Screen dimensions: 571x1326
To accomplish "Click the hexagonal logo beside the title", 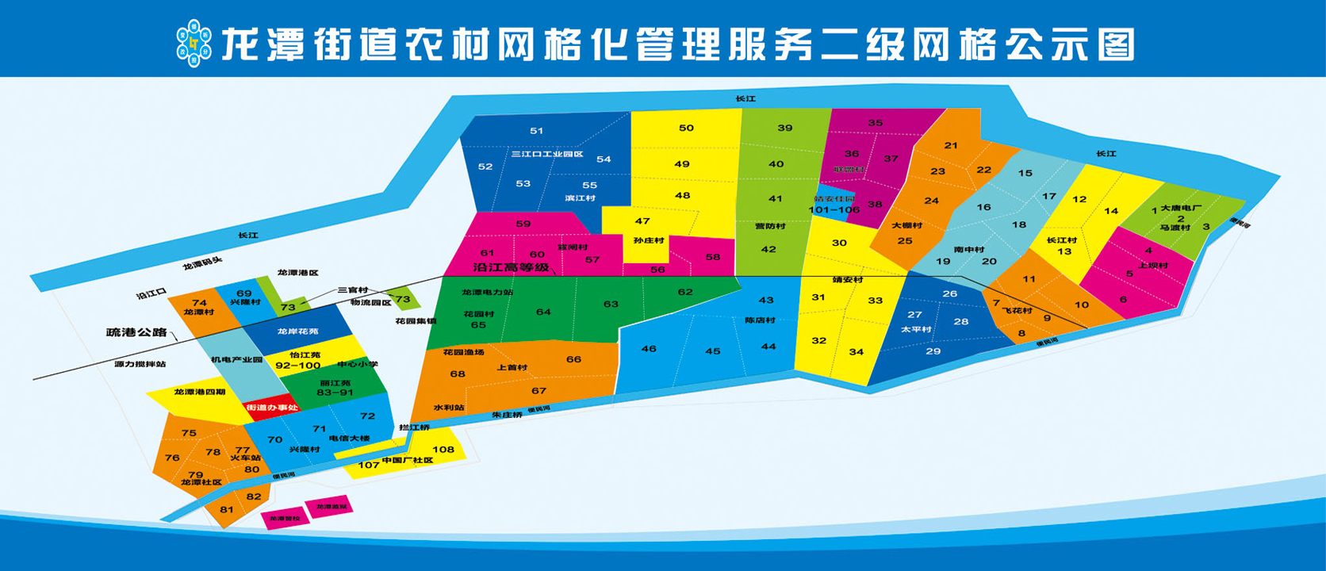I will pos(194,44).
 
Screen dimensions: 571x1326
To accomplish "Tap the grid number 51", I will pos(537,131).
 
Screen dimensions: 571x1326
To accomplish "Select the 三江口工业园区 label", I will pos(547,154).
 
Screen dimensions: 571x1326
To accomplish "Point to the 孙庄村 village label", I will pos(649,240).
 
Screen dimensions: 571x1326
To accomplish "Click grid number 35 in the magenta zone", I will pos(876,123).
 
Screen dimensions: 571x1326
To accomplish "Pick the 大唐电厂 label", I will pos(1181,208).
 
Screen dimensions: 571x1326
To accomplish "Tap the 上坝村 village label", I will pos(1152,265).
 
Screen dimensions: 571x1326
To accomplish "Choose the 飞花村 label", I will pos(1017,310).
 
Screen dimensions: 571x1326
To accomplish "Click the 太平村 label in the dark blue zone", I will pos(916,329).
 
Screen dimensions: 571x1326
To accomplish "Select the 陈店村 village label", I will pos(760,320).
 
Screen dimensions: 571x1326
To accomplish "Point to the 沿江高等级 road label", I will pos(511,268).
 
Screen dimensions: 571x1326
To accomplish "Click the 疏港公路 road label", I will pos(136,332).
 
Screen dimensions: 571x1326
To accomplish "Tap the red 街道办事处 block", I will pos(272,408).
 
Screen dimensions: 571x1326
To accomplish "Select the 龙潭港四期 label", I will pos(200,392).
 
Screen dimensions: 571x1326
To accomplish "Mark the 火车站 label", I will pos(245,458).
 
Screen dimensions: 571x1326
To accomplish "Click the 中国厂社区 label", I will pos(408,461).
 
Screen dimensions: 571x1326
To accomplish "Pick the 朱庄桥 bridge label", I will pos(507,415).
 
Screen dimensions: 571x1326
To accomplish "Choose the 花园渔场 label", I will pos(463,352).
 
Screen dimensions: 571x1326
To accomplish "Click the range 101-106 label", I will pos(834,209).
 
